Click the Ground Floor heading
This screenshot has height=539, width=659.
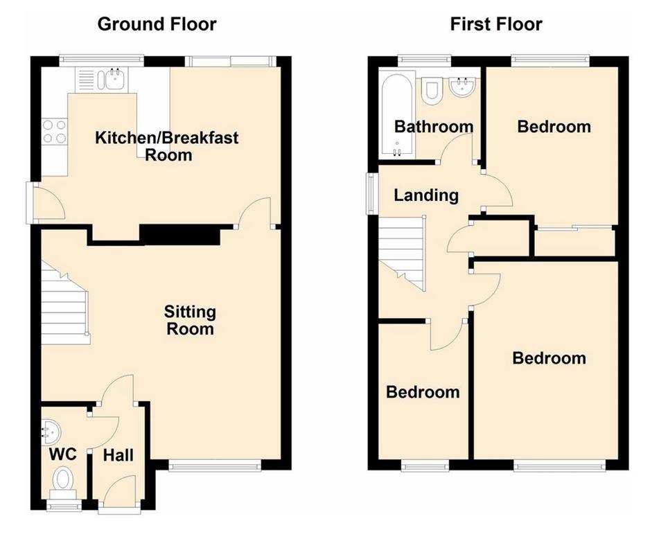[x=157, y=25]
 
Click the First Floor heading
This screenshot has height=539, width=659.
[x=496, y=25]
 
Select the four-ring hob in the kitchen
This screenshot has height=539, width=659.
[x=55, y=132]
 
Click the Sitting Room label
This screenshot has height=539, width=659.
[x=190, y=320]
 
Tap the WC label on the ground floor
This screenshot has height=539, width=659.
[x=62, y=455]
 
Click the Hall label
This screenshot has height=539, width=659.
[x=118, y=455]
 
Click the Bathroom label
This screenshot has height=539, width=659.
[x=434, y=127]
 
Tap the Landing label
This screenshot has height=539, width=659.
[x=426, y=195]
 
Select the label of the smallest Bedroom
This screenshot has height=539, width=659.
[x=422, y=392]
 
